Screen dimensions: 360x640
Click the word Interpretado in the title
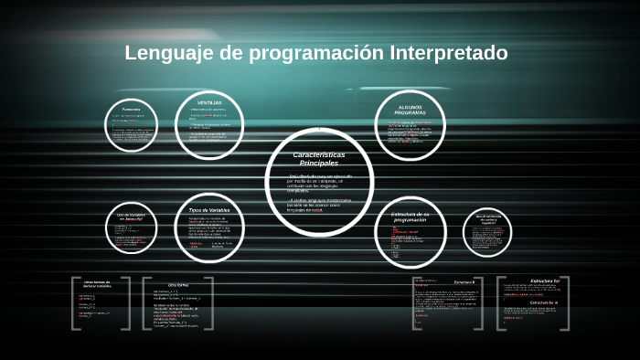coord(448,53)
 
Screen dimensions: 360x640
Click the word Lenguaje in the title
coord(169,53)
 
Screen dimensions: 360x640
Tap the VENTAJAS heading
coord(210,102)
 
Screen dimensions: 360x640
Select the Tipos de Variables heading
coord(209,210)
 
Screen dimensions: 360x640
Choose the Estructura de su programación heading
coord(403,218)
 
